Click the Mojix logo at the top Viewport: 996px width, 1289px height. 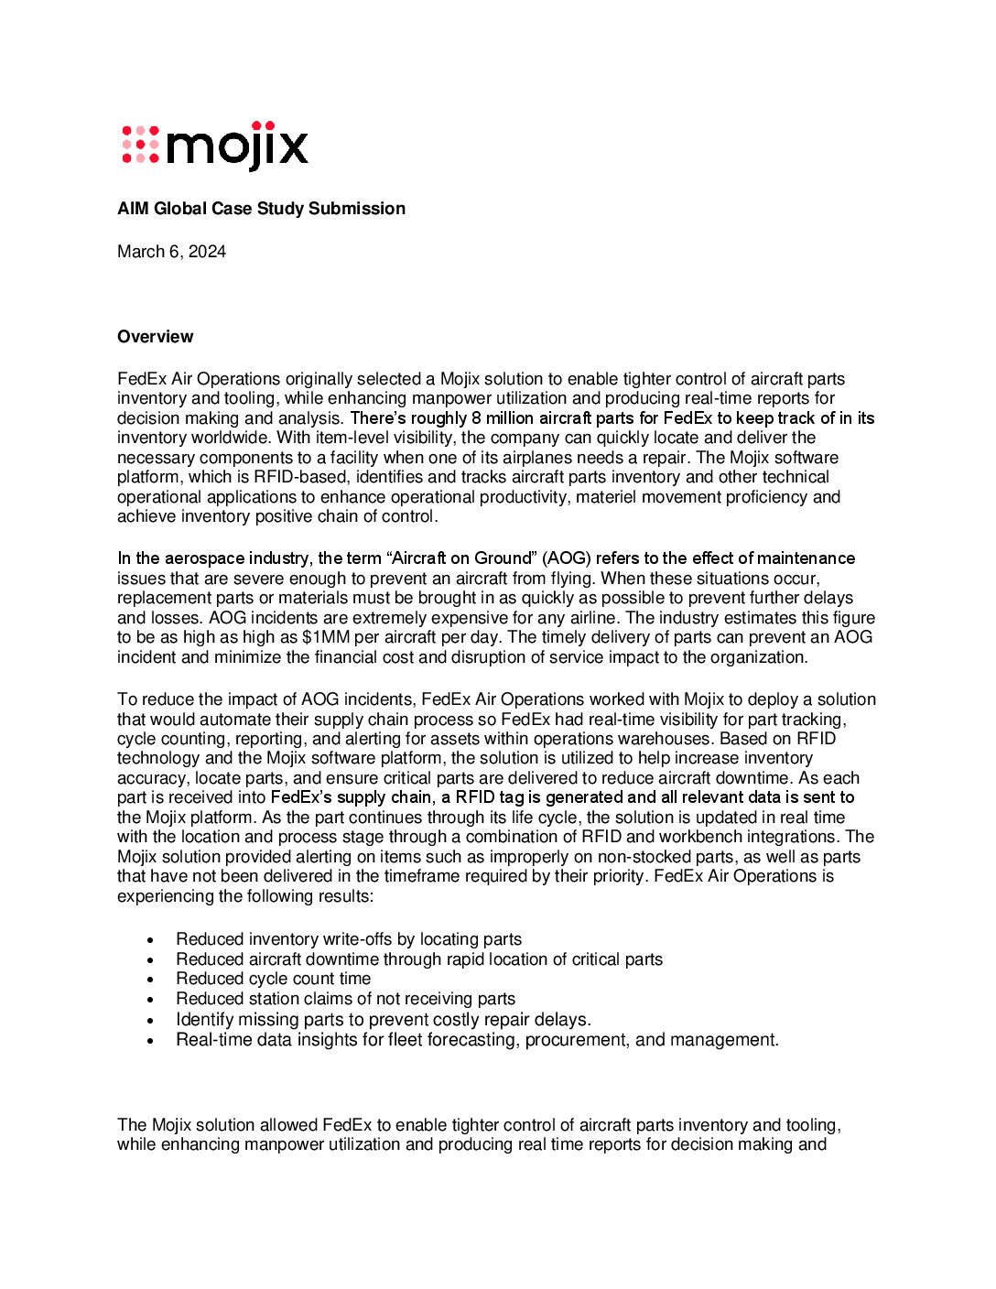click(215, 146)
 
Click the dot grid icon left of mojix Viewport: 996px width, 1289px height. click(140, 145)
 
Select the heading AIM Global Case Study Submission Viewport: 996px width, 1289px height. click(261, 209)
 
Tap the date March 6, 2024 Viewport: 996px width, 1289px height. click(171, 252)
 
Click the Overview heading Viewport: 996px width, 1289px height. click(155, 337)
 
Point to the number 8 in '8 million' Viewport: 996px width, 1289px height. click(476, 418)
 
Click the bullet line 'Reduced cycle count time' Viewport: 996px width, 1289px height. click(273, 979)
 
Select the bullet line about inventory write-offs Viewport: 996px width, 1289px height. click(349, 939)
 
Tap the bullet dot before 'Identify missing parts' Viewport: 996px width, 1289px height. click(151, 1020)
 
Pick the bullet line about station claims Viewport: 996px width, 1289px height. click(345, 999)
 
